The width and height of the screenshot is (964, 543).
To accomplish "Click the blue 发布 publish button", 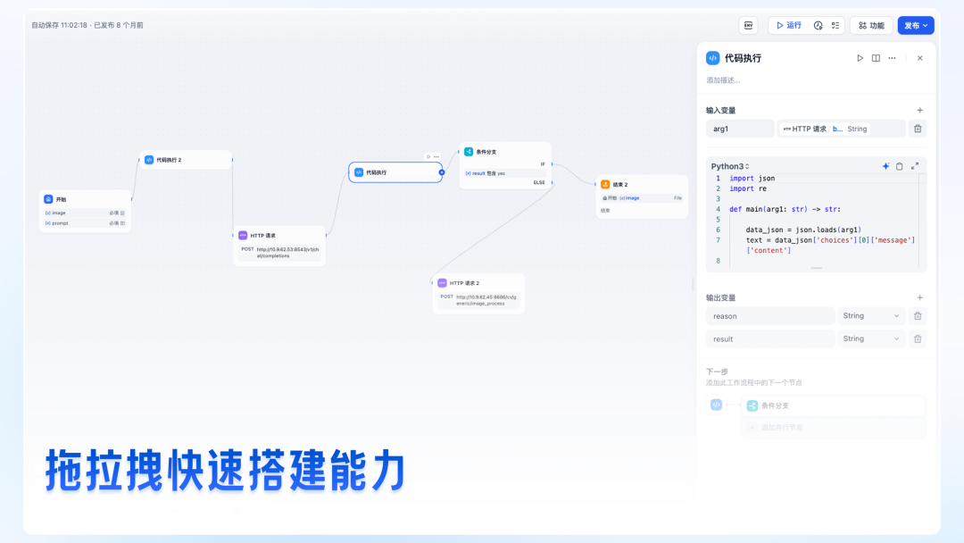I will point(915,26).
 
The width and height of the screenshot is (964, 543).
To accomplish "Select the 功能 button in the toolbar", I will point(871,26).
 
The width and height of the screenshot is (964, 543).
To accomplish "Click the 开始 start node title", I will point(62,199).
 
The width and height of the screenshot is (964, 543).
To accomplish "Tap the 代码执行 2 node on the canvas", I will point(169,160).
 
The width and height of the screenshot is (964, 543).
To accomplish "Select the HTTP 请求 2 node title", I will point(464,283).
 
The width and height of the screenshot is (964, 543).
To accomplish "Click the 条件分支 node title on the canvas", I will point(486,152).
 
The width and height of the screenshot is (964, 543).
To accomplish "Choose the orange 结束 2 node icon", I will point(605,184).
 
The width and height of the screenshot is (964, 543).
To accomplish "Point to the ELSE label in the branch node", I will point(539,182).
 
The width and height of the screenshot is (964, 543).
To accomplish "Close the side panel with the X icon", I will point(919,58).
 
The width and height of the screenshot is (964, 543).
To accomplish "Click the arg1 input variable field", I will point(740,129).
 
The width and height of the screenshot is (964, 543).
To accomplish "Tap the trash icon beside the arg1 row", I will point(917,129).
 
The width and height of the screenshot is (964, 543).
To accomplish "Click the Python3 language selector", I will point(730,166).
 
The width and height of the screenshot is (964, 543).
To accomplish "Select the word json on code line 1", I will point(767,179).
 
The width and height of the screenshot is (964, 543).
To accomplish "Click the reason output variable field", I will point(769,316).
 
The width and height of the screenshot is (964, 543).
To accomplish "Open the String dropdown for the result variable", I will point(871,339).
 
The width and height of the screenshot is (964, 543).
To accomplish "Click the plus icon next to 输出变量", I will point(919,297).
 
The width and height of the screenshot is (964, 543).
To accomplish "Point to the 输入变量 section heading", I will point(721,111).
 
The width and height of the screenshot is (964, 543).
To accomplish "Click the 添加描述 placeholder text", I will point(723,80).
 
